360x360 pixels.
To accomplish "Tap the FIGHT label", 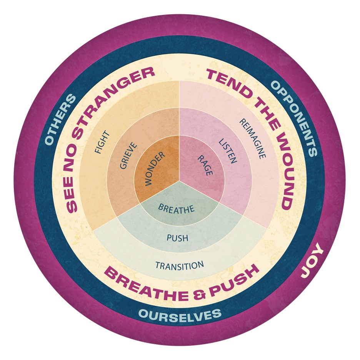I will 102,142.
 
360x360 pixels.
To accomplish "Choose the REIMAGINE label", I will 252,138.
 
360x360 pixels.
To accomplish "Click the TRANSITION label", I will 179,265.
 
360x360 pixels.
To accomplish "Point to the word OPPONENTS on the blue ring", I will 294,118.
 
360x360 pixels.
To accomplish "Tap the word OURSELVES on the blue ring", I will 180,314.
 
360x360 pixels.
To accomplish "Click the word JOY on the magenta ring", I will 312,263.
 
